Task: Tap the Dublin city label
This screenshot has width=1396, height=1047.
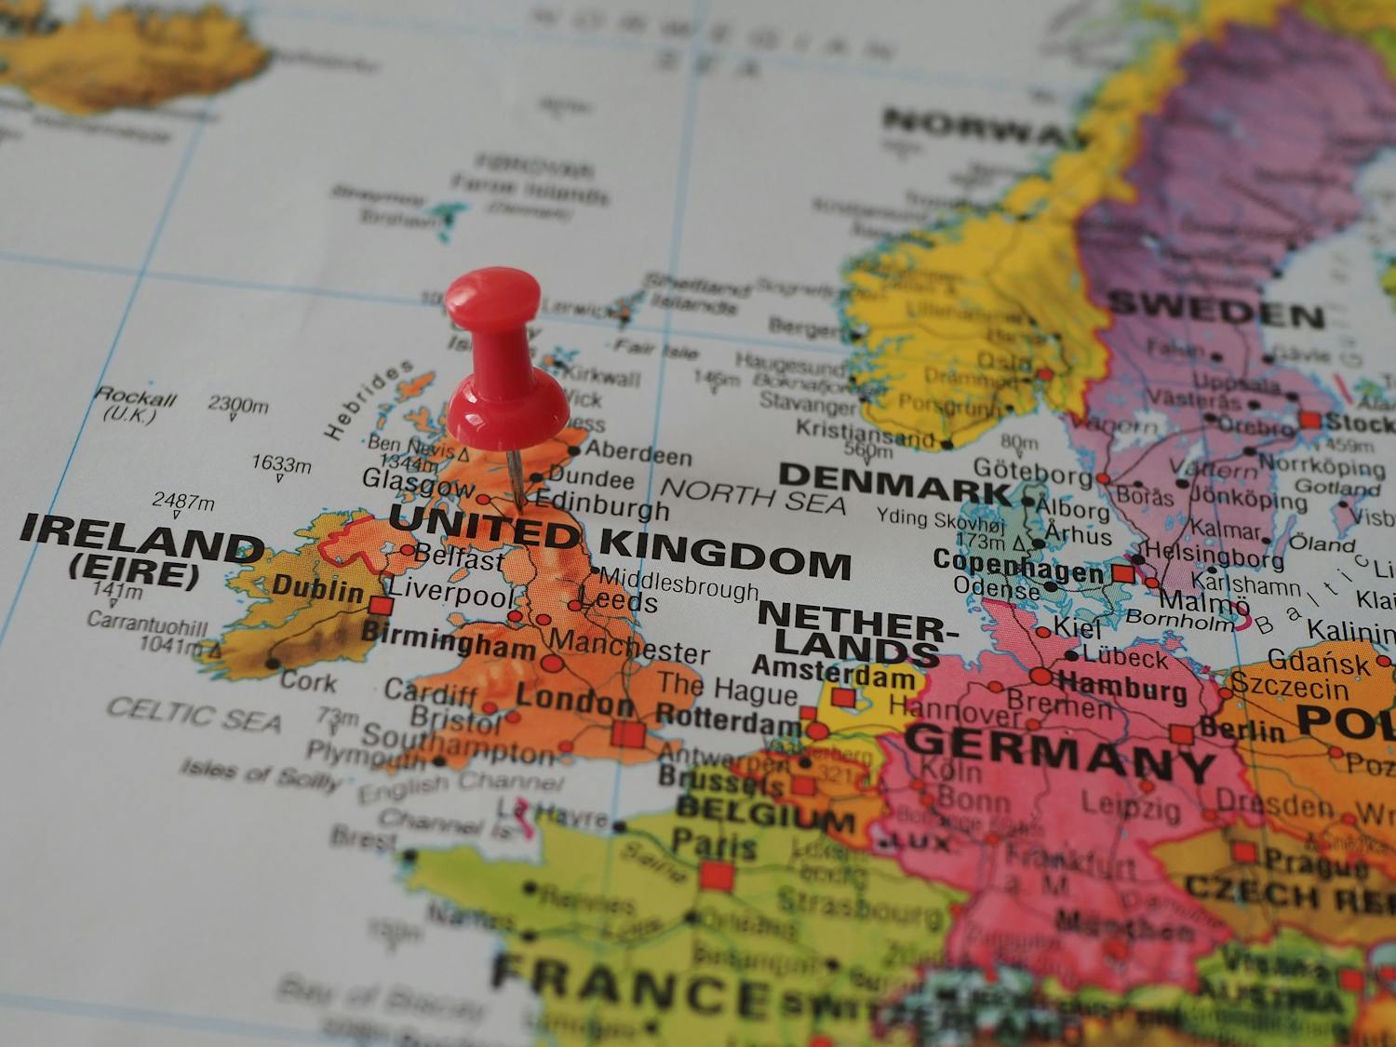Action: pos(317,589)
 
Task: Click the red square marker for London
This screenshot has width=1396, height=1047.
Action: pos(628,734)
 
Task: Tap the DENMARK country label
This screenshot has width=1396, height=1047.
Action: pos(893,482)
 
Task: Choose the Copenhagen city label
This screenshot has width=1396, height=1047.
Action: pos(1018,567)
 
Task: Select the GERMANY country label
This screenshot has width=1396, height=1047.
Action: pos(1060,752)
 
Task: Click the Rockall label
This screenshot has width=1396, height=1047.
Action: pos(136,397)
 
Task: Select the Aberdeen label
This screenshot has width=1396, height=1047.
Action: pos(638,454)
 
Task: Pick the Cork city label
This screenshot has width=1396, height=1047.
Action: pos(309,681)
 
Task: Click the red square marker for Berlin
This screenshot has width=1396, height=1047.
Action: pos(1182,734)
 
